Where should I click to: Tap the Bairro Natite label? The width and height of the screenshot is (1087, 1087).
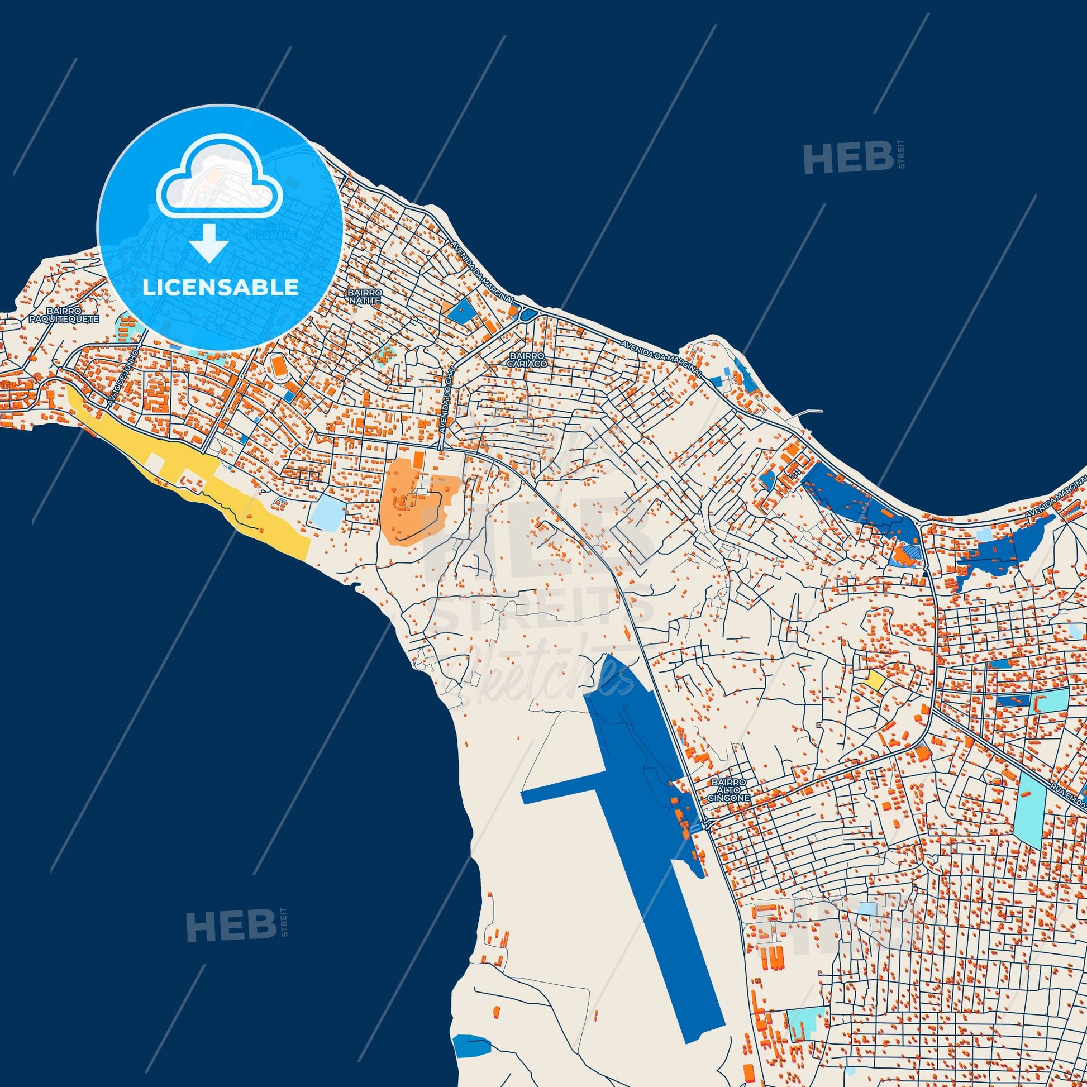(365, 297)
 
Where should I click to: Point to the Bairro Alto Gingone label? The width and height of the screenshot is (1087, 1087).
(728, 790)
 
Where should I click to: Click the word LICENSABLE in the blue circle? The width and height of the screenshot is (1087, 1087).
(220, 288)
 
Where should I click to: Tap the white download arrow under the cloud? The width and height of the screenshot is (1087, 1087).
(209, 242)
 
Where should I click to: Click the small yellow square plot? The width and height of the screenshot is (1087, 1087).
(874, 680)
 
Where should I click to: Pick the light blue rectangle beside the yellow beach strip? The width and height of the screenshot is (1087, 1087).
(326, 513)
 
